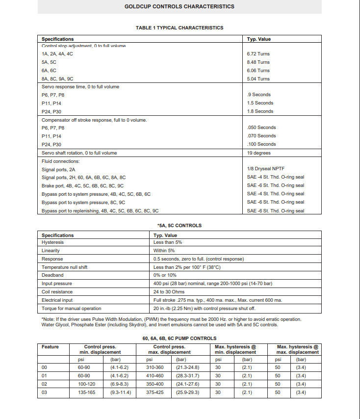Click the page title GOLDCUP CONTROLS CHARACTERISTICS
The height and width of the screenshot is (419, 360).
pyautogui.click(x=179, y=6)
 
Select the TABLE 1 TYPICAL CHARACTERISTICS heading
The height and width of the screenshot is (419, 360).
pyautogui.click(x=180, y=27)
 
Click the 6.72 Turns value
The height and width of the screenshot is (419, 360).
pyautogui.click(x=258, y=54)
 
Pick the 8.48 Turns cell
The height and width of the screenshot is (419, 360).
pyautogui.click(x=258, y=62)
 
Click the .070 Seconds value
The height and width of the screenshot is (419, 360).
pyautogui.click(x=261, y=136)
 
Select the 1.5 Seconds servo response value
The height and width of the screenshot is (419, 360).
pyautogui.click(x=260, y=103)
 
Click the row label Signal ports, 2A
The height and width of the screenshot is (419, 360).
pyautogui.click(x=58, y=169)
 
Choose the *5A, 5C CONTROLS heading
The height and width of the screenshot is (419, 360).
pyautogui.click(x=180, y=226)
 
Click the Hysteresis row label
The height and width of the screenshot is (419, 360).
pyautogui.click(x=52, y=242)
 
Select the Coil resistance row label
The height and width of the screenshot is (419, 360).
pyautogui.click(x=57, y=292)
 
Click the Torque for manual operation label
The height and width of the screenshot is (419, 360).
pyautogui.click(x=71, y=309)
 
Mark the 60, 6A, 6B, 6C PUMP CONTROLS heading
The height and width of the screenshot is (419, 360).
pyautogui.click(x=180, y=339)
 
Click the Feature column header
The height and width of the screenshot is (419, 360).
pyautogui.click(x=50, y=347)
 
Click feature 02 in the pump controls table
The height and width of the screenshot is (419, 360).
pyautogui.click(x=45, y=385)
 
